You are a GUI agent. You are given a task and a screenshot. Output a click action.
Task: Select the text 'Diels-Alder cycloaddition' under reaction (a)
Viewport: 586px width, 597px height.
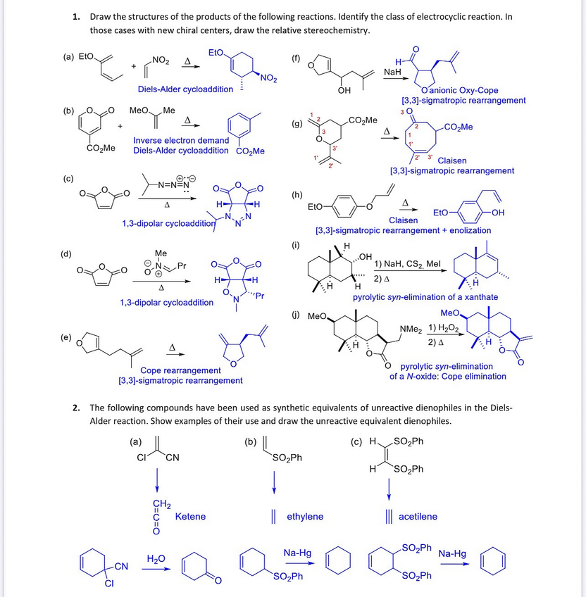pyautogui.click(x=185, y=89)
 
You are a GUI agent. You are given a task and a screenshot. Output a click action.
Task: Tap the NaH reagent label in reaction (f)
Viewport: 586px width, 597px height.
pyautogui.click(x=392, y=73)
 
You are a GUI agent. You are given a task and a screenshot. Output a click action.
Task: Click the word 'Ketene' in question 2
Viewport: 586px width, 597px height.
pyautogui.click(x=190, y=517)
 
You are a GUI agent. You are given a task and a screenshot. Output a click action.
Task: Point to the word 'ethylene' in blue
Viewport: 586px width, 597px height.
pyautogui.click(x=305, y=517)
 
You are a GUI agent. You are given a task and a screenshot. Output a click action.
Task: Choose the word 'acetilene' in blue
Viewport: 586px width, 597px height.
pyautogui.click(x=418, y=517)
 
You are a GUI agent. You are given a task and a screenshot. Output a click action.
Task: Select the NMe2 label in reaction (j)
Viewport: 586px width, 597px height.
pyautogui.click(x=410, y=329)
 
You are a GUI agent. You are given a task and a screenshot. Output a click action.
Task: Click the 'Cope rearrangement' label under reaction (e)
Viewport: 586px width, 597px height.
pyautogui.click(x=180, y=370)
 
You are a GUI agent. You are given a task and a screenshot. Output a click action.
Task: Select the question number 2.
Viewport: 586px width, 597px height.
pyautogui.click(x=75, y=408)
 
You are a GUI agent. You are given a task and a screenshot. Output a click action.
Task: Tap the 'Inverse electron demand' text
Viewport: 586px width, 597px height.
pyautogui.click(x=181, y=141)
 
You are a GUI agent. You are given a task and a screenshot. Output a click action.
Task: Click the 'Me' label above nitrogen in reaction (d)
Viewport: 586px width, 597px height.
pyautogui.click(x=161, y=253)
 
